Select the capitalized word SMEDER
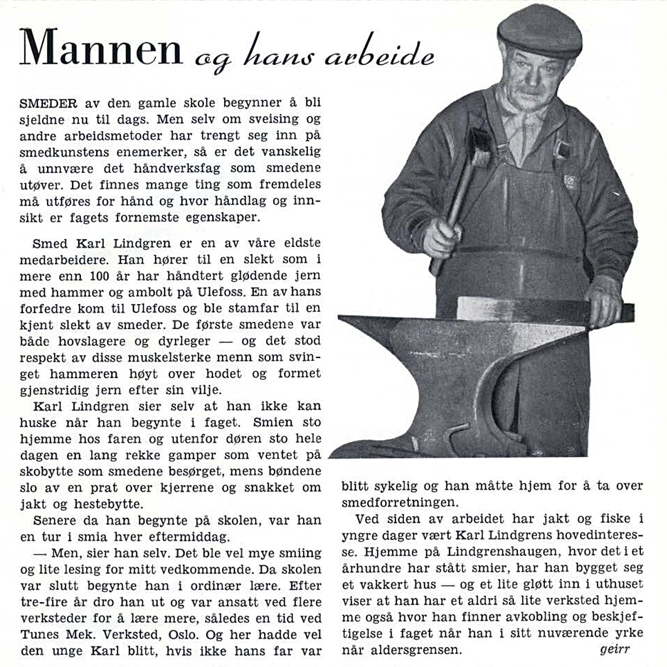point(48,103)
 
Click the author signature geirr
point(615,649)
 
